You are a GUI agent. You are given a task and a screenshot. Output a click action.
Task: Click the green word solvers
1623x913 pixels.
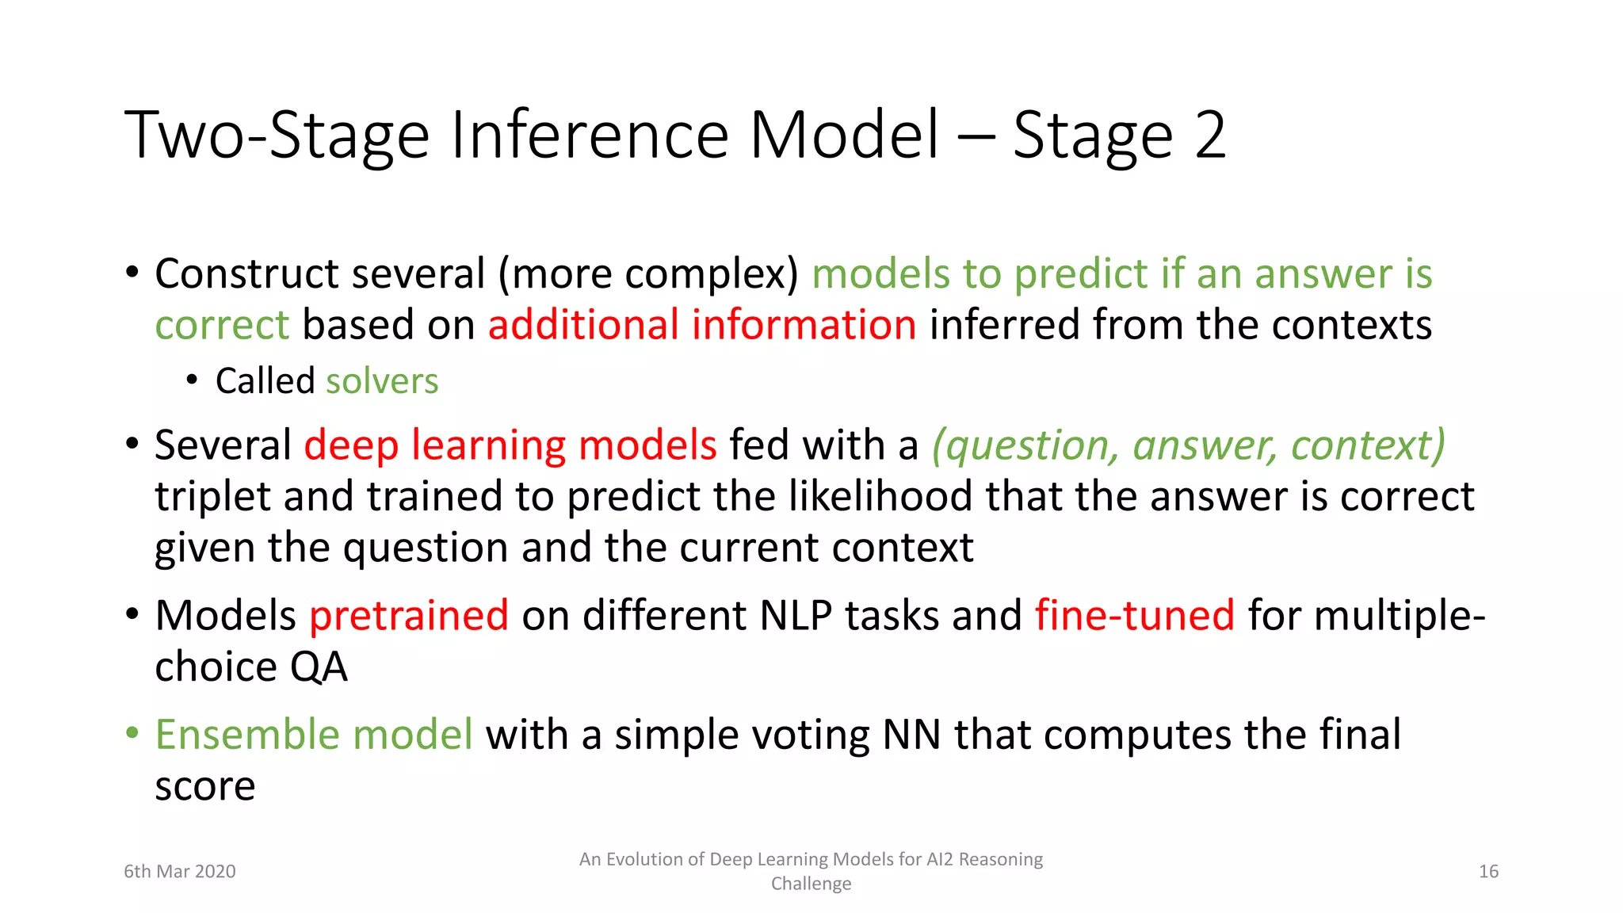pos(382,381)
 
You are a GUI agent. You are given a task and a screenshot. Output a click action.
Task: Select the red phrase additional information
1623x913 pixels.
pos(702,325)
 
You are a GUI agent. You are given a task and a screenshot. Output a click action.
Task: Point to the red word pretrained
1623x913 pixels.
pos(409,616)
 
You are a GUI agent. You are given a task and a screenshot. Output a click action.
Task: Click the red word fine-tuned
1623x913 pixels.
pos(1135,616)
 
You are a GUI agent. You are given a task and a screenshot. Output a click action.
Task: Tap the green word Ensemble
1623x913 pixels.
pos(247,735)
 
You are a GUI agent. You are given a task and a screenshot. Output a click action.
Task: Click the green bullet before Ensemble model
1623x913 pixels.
pos(132,732)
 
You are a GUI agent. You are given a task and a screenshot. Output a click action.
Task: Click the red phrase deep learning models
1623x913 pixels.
pos(510,445)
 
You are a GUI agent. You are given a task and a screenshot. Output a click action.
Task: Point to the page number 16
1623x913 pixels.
pos(1488,872)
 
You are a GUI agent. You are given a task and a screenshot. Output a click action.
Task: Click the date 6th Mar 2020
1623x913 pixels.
pos(180,872)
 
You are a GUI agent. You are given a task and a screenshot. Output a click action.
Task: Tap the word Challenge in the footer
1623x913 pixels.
pos(811,884)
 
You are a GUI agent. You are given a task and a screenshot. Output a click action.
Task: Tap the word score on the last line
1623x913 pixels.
pos(204,787)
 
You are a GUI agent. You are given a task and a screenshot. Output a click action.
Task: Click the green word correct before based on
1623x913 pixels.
pos(222,325)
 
